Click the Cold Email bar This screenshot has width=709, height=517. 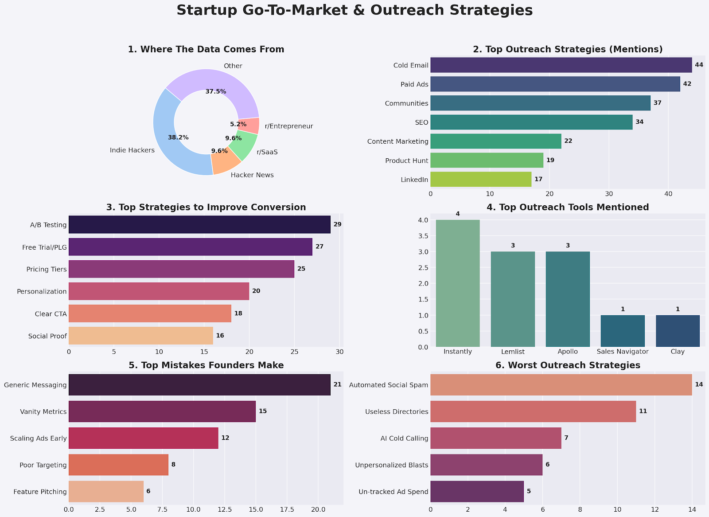click(561, 65)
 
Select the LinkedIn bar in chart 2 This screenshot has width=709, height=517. click(481, 179)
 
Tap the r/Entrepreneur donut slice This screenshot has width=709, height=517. click(249, 126)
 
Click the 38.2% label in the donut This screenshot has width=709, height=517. click(178, 138)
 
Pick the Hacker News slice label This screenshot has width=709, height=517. click(252, 175)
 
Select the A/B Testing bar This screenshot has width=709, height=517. click(199, 225)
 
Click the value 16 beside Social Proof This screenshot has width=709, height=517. click(220, 336)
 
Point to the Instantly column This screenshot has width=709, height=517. click(458, 283)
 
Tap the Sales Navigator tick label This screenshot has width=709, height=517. click(623, 352)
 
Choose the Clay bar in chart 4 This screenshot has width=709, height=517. click(678, 331)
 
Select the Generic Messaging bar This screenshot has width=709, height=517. click(199, 385)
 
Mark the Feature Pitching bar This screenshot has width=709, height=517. click(106, 492)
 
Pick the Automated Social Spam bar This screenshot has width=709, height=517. click(561, 385)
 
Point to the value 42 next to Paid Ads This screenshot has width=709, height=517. click(687, 84)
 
